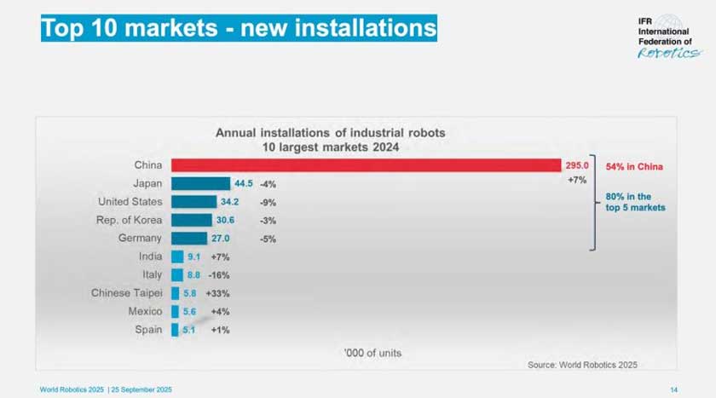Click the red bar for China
(367, 165)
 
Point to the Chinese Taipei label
(127, 293)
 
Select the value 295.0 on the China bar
(576, 165)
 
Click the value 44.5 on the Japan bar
(242, 184)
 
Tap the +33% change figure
(217, 293)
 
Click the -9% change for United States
(268, 203)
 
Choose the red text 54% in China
(634, 166)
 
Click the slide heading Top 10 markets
(239, 28)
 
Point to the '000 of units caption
(372, 353)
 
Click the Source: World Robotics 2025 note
(582, 364)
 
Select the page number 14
(673, 389)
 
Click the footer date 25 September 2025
(142, 389)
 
